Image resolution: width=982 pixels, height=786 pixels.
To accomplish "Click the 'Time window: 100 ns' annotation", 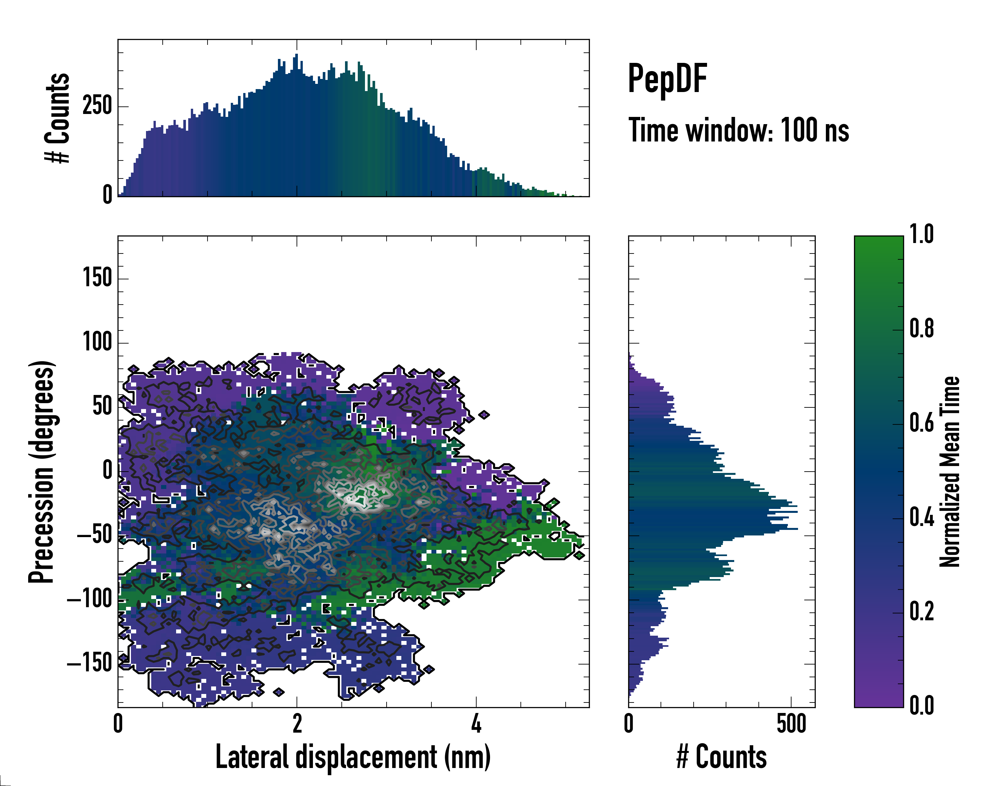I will pos(738,131).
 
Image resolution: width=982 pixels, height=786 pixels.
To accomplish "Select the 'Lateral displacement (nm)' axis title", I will pos(353,757).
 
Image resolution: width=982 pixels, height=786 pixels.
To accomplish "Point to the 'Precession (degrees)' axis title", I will pos(42,472).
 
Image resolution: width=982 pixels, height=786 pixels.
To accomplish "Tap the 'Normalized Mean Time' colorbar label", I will pos(950,472).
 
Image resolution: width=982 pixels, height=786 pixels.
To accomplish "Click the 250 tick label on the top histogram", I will pos(97,106).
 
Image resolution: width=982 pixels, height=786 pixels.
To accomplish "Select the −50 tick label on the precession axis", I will pos(94,534).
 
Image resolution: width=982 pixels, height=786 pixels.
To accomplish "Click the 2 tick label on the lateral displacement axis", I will pos(297,723).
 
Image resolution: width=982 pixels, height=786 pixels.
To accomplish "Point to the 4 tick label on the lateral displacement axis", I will pos(476,723).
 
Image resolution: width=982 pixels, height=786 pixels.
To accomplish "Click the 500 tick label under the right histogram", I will pos(791,723).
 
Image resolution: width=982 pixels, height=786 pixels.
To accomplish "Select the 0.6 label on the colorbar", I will pos(921,422).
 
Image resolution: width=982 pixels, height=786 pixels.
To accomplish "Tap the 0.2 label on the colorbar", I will pos(921,611).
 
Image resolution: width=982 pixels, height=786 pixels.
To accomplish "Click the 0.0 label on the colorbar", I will pos(921,705).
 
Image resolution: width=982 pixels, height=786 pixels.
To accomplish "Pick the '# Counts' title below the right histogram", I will pos(721,757).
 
